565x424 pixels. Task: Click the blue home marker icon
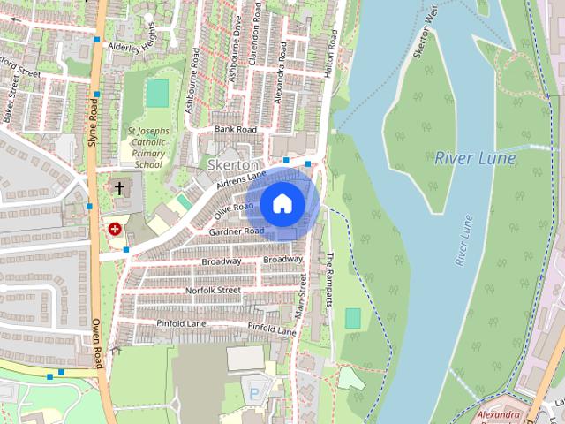[282, 203]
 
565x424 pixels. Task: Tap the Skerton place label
[233, 165]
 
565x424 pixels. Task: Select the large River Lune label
[476, 158]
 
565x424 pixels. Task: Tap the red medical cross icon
[114, 228]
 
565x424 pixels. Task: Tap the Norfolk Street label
[213, 290]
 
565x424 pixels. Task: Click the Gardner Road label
[236, 231]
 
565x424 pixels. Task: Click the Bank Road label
[235, 130]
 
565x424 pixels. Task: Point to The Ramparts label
[330, 279]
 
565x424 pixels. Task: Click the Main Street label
[303, 296]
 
